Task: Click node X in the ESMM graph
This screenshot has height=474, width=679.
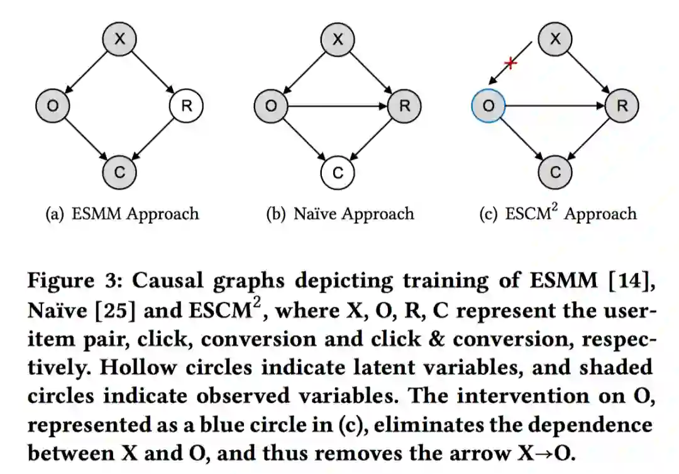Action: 119,39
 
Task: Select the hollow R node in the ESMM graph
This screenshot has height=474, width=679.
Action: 186,106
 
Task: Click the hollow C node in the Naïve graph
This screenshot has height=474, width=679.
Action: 338,172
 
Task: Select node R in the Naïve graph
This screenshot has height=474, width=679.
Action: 404,106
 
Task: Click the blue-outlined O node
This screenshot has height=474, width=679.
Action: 488,106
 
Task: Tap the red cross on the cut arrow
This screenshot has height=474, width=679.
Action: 511,63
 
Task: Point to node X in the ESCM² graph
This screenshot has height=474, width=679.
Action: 555,39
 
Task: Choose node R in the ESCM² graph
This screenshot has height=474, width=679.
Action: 622,106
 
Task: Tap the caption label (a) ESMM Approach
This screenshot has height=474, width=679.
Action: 122,214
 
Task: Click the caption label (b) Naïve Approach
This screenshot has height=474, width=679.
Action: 340,214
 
